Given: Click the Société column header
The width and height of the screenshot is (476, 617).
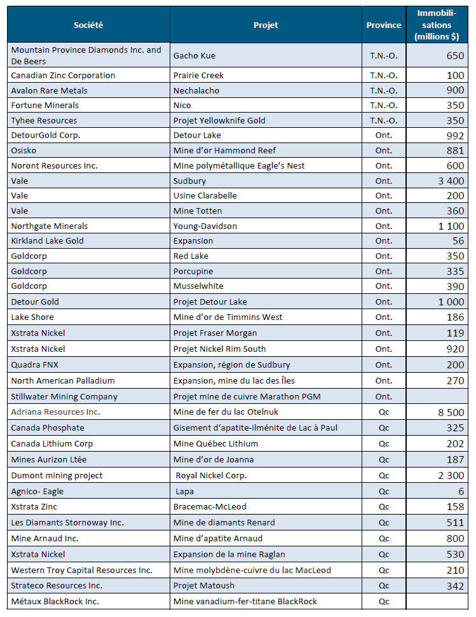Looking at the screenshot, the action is click(x=88, y=25).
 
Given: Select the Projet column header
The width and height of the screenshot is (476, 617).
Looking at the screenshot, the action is click(x=266, y=25).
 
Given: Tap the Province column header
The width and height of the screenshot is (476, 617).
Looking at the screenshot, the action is click(x=384, y=25).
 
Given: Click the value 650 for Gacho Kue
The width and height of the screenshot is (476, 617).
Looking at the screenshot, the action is click(x=455, y=55).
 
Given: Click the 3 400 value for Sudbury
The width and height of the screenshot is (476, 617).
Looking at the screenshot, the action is click(x=451, y=181).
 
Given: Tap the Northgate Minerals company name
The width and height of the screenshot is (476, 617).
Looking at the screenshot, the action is click(x=50, y=226).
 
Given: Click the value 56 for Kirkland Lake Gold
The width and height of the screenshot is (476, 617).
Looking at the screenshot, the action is click(x=458, y=241).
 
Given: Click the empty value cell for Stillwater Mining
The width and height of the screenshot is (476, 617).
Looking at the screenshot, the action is click(x=437, y=396).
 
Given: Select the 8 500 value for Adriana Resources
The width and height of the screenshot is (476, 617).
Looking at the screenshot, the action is click(x=451, y=412).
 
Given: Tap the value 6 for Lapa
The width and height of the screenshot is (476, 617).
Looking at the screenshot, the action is click(x=461, y=492).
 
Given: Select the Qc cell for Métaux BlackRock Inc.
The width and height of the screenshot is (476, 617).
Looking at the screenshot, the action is click(x=384, y=601).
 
